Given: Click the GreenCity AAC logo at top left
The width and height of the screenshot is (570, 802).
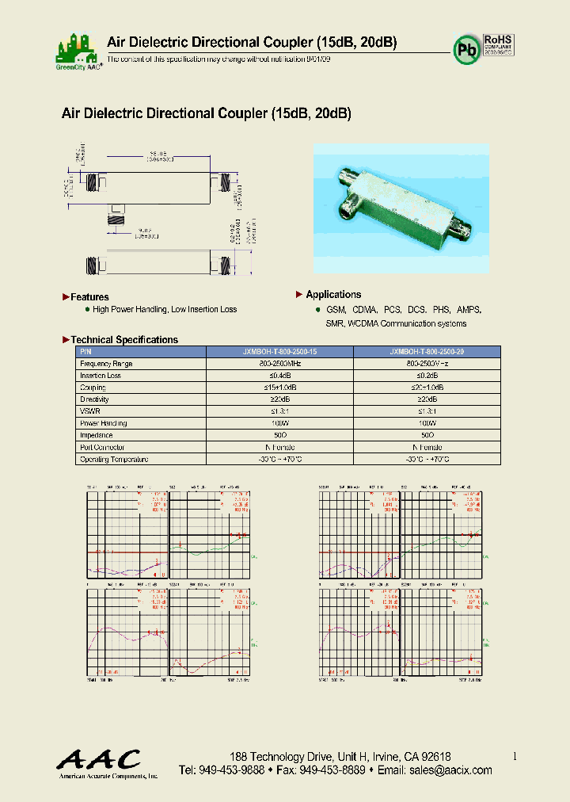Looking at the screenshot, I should pyautogui.click(x=78, y=49).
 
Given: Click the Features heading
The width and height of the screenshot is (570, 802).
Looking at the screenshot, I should pyautogui.click(x=89, y=297).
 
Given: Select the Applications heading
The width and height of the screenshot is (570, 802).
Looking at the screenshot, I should pyautogui.click(x=333, y=295).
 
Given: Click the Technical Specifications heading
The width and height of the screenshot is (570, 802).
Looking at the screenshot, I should pyautogui.click(x=124, y=340).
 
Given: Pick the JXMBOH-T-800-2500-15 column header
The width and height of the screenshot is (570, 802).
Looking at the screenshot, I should pyautogui.click(x=279, y=351).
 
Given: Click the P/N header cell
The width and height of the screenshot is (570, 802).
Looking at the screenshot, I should pyautogui.click(x=86, y=351).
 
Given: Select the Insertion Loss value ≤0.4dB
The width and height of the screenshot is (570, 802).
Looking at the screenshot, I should pyautogui.click(x=279, y=375).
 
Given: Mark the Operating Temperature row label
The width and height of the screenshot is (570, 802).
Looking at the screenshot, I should pyautogui.click(x=114, y=459).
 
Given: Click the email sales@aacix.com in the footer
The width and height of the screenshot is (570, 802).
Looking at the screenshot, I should pyautogui.click(x=446, y=770).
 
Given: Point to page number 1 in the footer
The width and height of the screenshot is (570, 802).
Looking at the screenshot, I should pyautogui.click(x=515, y=757).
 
